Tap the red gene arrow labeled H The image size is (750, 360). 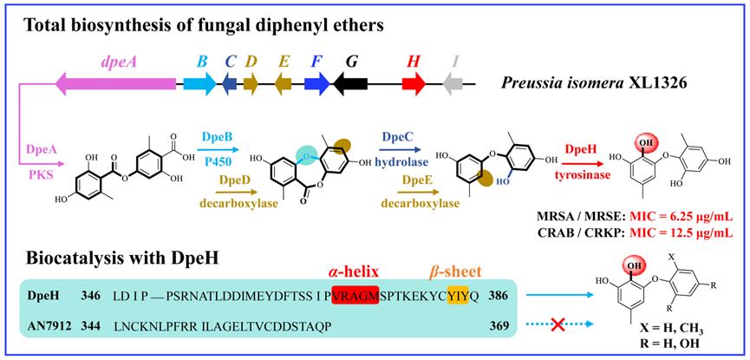pos(414,83)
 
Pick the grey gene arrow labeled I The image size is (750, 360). pos(454,83)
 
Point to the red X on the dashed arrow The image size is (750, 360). pos(557,324)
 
